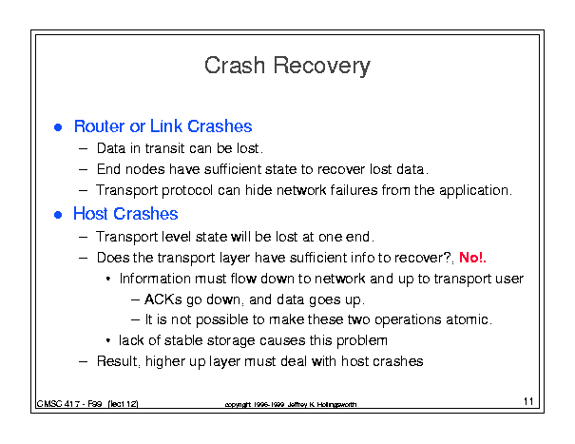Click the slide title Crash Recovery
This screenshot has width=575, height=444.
click(x=287, y=66)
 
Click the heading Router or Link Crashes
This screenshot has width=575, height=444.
click(x=163, y=126)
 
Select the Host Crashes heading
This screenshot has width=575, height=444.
click(x=125, y=214)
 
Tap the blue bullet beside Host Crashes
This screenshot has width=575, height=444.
click(x=58, y=214)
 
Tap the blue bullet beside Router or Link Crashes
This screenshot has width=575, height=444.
click(x=58, y=127)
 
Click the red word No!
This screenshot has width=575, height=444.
click(x=472, y=258)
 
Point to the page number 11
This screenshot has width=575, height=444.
click(x=528, y=401)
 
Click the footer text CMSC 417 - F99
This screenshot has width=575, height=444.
click(x=69, y=404)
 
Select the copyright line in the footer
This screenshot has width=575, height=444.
click(x=291, y=404)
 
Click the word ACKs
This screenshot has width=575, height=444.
click(x=163, y=299)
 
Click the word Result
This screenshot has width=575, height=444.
click(x=117, y=361)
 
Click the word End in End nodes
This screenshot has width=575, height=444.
click(x=108, y=169)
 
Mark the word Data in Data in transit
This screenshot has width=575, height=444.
click(x=111, y=148)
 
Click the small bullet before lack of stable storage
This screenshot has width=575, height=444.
click(x=108, y=341)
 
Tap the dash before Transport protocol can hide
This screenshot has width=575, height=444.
click(x=84, y=191)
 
